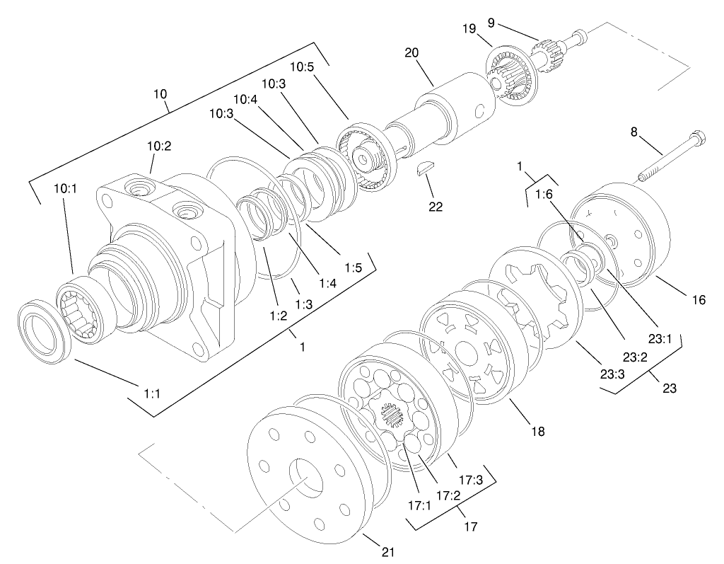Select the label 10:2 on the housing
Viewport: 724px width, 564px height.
point(159,146)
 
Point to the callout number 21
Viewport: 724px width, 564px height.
point(388,551)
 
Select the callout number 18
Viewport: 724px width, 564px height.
point(538,430)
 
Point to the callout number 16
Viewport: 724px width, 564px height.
point(699,300)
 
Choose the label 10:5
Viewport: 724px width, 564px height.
point(302,67)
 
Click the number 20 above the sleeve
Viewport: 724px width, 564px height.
point(412,53)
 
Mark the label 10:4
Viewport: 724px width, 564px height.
point(244,99)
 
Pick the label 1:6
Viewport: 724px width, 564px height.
point(544,193)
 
